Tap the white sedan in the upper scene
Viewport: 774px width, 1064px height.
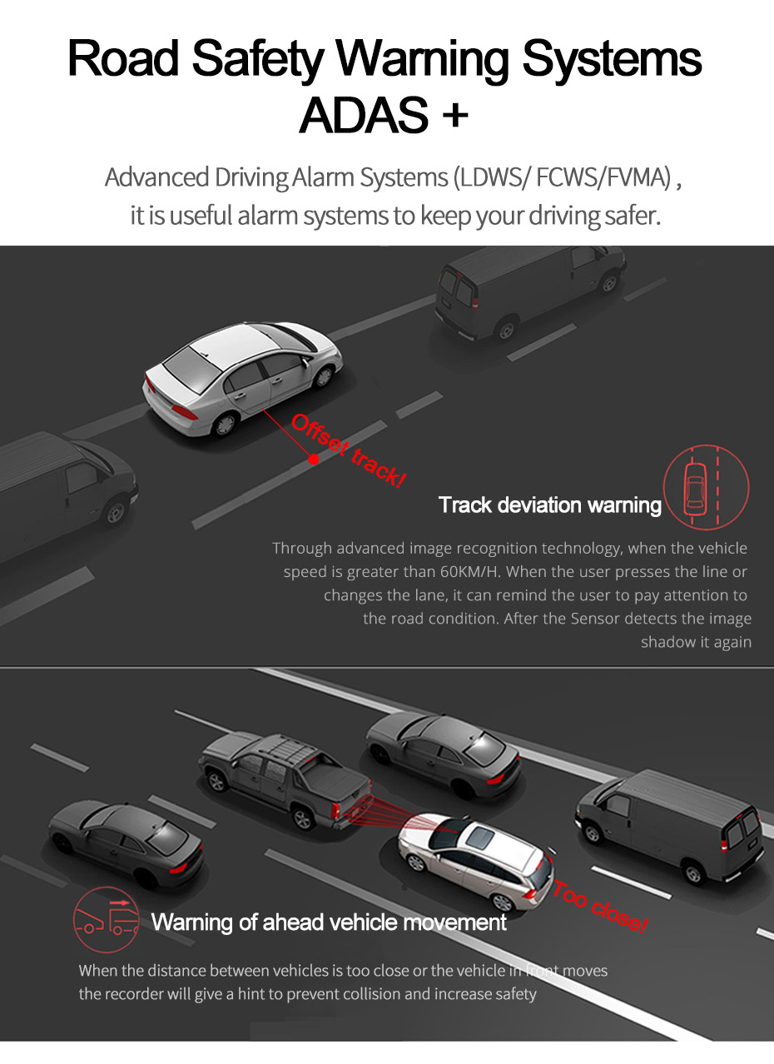pyautogui.click(x=242, y=374)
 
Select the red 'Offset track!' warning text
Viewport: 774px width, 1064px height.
pyautogui.click(x=348, y=451)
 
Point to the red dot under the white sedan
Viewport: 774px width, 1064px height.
pyautogui.click(x=314, y=458)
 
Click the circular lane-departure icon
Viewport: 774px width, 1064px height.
pyautogui.click(x=706, y=487)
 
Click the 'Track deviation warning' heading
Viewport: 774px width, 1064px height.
pyautogui.click(x=549, y=505)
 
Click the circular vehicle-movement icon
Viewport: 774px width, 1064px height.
pyautogui.click(x=106, y=919)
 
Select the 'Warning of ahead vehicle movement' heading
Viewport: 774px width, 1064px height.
pyautogui.click(x=329, y=922)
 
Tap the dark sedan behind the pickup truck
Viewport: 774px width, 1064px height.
pyautogui.click(x=444, y=752)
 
